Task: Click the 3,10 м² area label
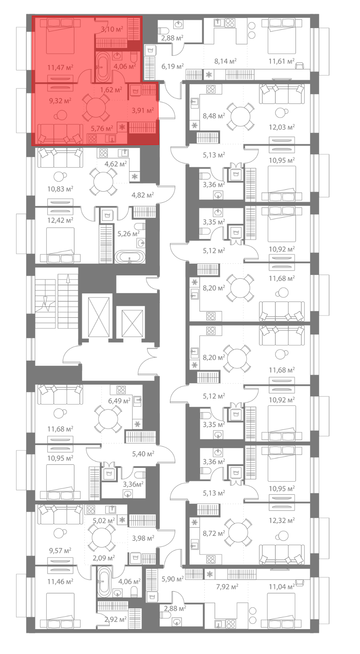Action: (x=112, y=29)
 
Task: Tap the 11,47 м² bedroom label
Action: (x=60, y=67)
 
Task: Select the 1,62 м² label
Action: (x=111, y=90)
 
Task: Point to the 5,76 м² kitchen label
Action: (x=102, y=128)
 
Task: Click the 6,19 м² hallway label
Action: (x=172, y=66)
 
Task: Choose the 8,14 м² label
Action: (x=225, y=61)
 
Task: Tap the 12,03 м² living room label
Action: (x=282, y=127)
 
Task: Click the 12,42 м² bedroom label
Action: (x=60, y=220)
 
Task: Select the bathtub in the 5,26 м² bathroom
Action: (x=130, y=257)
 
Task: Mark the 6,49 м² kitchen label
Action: (x=119, y=401)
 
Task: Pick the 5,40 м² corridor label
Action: (x=143, y=454)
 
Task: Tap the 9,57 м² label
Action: (x=60, y=551)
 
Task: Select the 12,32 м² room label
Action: (x=282, y=520)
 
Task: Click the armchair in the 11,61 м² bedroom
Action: (x=300, y=65)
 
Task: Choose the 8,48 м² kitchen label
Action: (x=214, y=116)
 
